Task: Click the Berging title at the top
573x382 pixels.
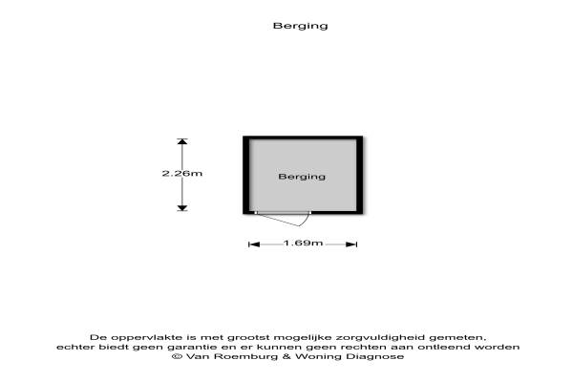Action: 301,26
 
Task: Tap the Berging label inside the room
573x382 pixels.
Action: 302,177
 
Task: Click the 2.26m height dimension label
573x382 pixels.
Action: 181,173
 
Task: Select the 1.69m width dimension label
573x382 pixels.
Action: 303,244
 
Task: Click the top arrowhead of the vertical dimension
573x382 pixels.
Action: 182,142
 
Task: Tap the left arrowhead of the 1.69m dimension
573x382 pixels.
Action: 253,244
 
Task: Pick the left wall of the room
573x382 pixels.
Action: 245,176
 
